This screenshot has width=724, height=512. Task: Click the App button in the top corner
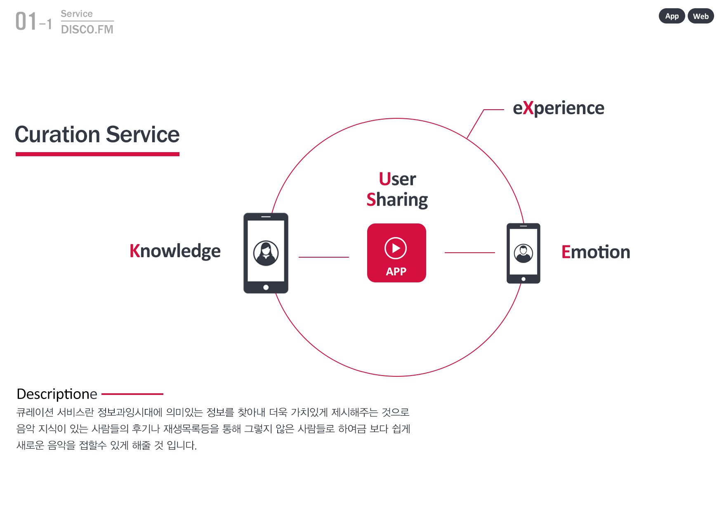[x=672, y=16]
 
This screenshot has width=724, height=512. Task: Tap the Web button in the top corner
[x=700, y=16]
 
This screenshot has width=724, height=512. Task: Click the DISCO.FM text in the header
[x=87, y=29]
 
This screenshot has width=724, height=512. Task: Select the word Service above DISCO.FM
[x=77, y=14]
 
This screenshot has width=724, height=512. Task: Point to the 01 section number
[x=26, y=21]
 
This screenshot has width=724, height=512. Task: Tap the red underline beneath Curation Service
[x=97, y=154]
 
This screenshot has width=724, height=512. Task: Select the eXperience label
[x=559, y=108]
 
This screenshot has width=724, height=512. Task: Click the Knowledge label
[x=175, y=251]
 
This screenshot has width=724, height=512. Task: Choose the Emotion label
[x=596, y=252]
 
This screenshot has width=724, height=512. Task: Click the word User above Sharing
[x=397, y=179]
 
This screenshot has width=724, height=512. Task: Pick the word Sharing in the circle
[x=397, y=200]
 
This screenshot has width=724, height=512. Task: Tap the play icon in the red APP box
[x=396, y=248]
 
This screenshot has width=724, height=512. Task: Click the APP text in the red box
[x=396, y=272]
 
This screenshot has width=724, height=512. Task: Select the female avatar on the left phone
[x=266, y=253]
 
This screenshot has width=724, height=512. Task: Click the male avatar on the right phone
[x=524, y=253]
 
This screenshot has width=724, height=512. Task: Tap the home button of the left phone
[x=266, y=287]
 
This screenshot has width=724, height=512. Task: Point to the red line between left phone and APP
[x=324, y=257]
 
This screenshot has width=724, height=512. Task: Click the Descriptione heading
[x=57, y=394]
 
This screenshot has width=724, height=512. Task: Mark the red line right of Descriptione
[x=132, y=394]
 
